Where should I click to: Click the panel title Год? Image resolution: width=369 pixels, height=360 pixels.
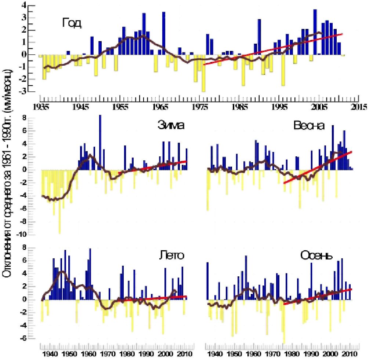(x=72, y=23)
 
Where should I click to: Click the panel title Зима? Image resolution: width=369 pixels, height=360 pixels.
(x=171, y=126)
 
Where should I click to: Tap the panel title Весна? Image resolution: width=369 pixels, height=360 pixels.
(x=309, y=126)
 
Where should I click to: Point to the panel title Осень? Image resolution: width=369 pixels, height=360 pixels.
(x=316, y=255)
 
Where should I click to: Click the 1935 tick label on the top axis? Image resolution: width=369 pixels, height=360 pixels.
(x=41, y=107)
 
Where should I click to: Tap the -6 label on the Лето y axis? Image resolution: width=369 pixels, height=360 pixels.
(x=23, y=338)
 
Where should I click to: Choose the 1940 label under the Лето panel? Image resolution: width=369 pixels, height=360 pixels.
(x=50, y=354)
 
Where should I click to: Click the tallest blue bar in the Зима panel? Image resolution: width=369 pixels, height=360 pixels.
(x=100, y=142)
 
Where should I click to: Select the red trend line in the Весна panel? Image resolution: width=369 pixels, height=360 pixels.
(x=318, y=167)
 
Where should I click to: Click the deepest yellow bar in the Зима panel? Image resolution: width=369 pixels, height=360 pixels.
(x=59, y=201)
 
